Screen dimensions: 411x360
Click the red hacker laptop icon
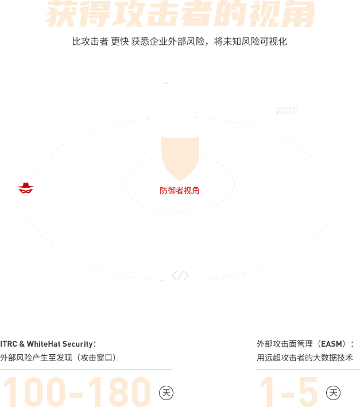(26, 188)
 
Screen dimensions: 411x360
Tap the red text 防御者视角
(180, 191)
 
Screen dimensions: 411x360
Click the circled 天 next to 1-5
(333, 393)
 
